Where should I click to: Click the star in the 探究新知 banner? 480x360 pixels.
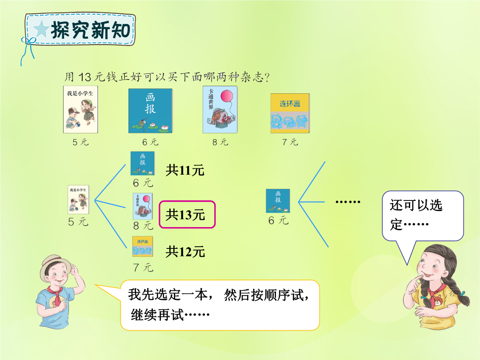[x=42, y=29]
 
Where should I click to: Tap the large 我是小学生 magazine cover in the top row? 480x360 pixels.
[x=80, y=110]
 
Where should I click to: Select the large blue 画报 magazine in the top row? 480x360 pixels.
[x=150, y=111]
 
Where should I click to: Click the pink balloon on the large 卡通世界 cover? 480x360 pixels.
[x=227, y=96]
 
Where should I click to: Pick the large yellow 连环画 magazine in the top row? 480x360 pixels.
[x=290, y=113]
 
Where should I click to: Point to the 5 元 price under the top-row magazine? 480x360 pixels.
[x=80, y=142]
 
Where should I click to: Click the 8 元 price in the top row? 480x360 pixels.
[x=220, y=142]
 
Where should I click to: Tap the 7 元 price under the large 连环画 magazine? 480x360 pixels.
[x=290, y=142]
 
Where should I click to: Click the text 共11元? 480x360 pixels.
[x=185, y=170]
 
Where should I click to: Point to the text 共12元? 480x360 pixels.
[x=185, y=252]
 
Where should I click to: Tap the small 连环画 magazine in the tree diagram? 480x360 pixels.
[x=143, y=246]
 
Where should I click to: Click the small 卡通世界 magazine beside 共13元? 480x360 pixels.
[x=143, y=206]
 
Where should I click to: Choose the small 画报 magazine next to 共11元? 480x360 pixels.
[x=143, y=164]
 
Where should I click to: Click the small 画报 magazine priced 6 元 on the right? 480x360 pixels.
[x=278, y=201]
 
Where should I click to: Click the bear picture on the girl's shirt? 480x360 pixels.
[x=438, y=300]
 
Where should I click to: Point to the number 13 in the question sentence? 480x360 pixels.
[x=85, y=77]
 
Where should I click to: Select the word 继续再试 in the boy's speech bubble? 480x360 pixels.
[x=157, y=315]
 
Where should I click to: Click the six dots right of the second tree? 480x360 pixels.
[x=348, y=202]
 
